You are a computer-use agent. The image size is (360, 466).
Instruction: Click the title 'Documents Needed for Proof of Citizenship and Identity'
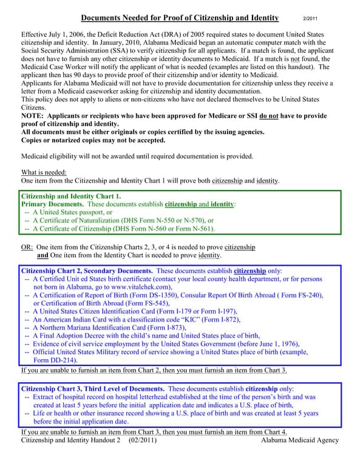180,19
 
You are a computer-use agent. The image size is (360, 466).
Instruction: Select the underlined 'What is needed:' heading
44,172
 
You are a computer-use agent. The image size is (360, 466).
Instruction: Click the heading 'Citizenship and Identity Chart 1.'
71,196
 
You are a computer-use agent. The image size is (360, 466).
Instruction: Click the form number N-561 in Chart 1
199,229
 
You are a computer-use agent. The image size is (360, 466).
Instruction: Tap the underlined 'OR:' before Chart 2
27,248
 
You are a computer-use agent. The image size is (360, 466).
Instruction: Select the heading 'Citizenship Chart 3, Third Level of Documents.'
93,388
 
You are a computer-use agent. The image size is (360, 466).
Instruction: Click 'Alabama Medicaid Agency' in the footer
300,440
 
